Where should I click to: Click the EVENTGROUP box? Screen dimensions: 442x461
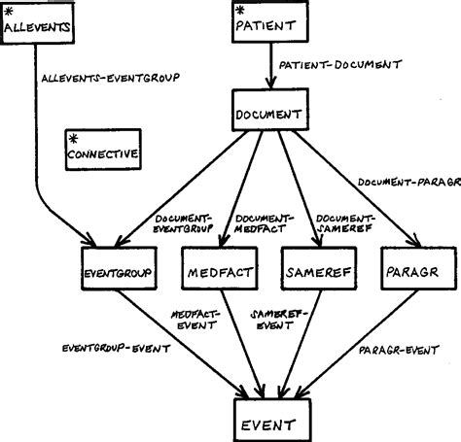(116, 271)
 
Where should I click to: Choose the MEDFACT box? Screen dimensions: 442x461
(219, 271)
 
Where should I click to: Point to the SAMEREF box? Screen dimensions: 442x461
(313, 271)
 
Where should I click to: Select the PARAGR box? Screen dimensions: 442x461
(411, 271)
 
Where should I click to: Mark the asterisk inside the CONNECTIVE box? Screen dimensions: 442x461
(73, 139)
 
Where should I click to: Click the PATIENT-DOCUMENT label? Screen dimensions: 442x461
(339, 65)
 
